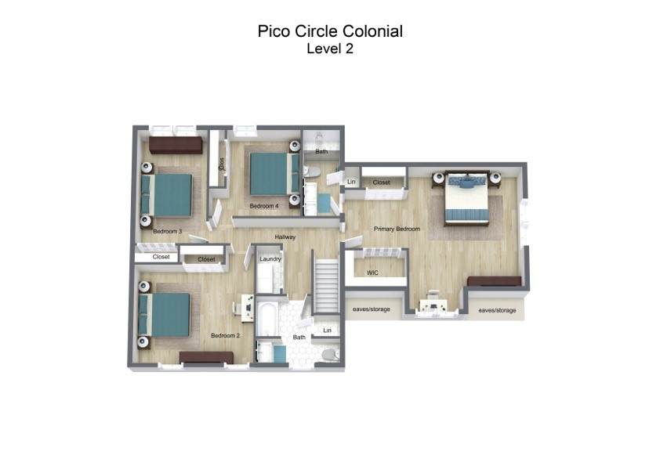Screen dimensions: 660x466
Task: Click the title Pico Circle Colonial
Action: tap(330, 31)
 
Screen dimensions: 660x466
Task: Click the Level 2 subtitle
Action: tap(330, 49)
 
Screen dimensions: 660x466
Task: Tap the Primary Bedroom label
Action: tap(397, 229)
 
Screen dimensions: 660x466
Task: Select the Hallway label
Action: tap(285, 237)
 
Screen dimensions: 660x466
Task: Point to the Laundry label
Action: tap(270, 259)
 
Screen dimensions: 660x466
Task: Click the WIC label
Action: tap(372, 273)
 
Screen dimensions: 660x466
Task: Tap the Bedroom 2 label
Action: tap(225, 336)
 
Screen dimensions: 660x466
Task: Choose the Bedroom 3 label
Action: tap(168, 231)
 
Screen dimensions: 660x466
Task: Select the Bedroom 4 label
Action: tap(264, 206)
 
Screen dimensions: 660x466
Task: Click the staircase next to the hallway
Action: tap(327, 286)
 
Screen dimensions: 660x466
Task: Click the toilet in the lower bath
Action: tap(331, 355)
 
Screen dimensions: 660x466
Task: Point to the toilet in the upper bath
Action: tap(312, 172)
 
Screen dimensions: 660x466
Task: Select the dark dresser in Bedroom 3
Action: tap(176, 145)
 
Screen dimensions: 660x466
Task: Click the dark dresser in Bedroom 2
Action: tap(206, 357)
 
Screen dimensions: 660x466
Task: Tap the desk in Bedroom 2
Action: tap(248, 308)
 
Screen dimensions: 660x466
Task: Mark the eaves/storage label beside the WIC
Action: tap(372, 309)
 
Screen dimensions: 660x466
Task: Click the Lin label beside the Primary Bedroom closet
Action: tap(351, 182)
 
